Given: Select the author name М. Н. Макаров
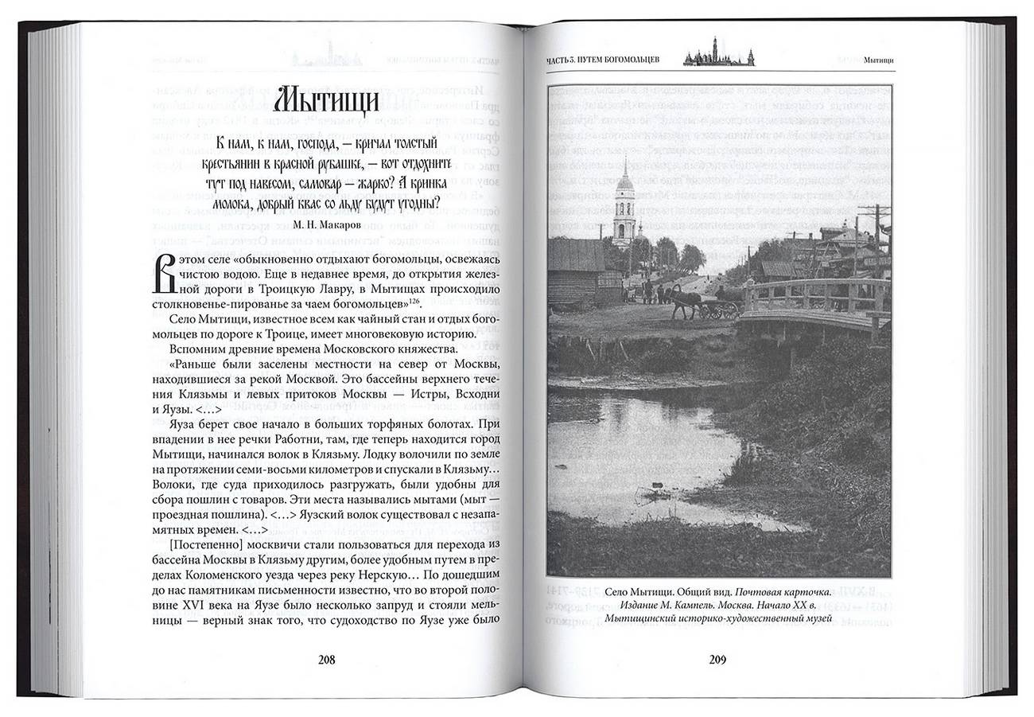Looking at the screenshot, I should coord(326,224).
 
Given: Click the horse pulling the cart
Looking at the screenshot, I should coord(683,302).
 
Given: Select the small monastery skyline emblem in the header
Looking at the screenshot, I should coord(718,53).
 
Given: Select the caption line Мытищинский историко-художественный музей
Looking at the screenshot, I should coord(717,618).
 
